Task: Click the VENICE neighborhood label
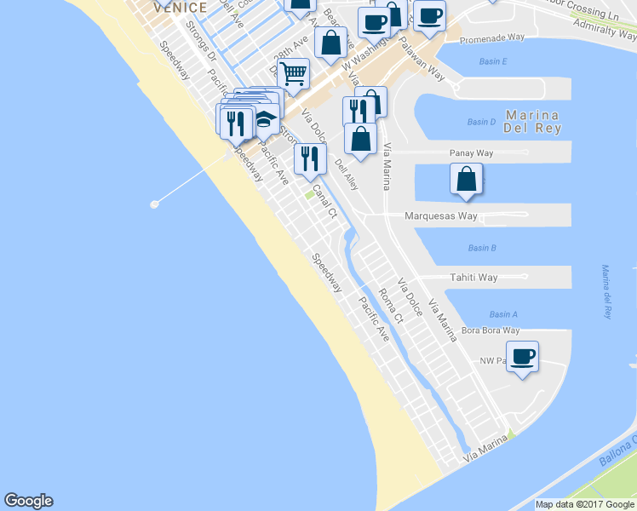[180, 7]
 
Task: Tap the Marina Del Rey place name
[532, 123]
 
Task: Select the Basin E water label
[492, 61]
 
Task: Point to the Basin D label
[482, 122]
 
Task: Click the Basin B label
[482, 248]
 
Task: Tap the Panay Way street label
[472, 153]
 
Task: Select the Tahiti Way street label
[473, 278]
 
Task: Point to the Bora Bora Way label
[490, 330]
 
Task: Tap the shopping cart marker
[293, 73]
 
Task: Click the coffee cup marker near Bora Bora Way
[522, 355]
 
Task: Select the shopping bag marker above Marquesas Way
[467, 179]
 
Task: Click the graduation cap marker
[266, 120]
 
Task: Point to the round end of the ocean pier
[154, 204]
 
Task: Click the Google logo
[28, 501]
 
